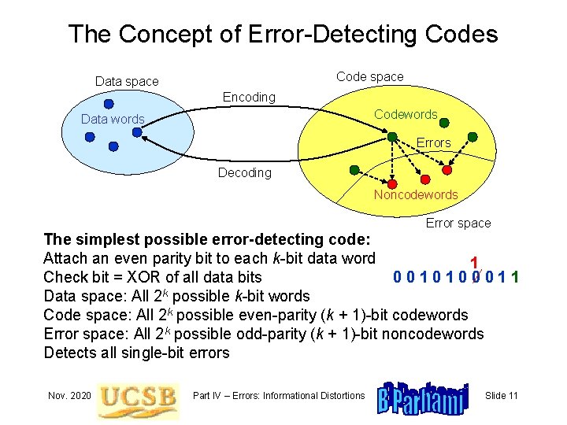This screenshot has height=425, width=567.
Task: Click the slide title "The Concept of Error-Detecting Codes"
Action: pyautogui.click(x=283, y=34)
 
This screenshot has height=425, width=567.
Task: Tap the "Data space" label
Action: pyautogui.click(x=127, y=81)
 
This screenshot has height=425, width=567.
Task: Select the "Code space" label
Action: pyautogui.click(x=369, y=76)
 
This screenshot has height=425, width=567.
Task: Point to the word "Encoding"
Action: pyautogui.click(x=249, y=97)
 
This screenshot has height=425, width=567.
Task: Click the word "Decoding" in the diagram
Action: pyautogui.click(x=244, y=172)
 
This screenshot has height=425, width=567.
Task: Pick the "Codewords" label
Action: pyautogui.click(x=406, y=114)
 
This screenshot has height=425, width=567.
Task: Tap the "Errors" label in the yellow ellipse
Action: pyautogui.click(x=433, y=142)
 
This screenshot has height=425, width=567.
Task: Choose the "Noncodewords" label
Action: pyautogui.click(x=415, y=194)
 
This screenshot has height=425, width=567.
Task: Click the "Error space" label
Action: pyautogui.click(x=458, y=223)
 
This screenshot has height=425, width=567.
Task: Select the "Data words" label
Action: pyautogui.click(x=113, y=119)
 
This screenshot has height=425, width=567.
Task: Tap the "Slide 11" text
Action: pyautogui.click(x=501, y=395)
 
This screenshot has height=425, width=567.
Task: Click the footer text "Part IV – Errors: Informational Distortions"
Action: pyautogui.click(x=280, y=395)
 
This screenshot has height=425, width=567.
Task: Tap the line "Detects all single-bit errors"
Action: pyautogui.click(x=136, y=353)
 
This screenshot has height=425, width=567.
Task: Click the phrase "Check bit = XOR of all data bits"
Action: pyautogui.click(x=153, y=277)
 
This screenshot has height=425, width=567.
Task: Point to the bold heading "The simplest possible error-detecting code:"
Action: pyautogui.click(x=213, y=239)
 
